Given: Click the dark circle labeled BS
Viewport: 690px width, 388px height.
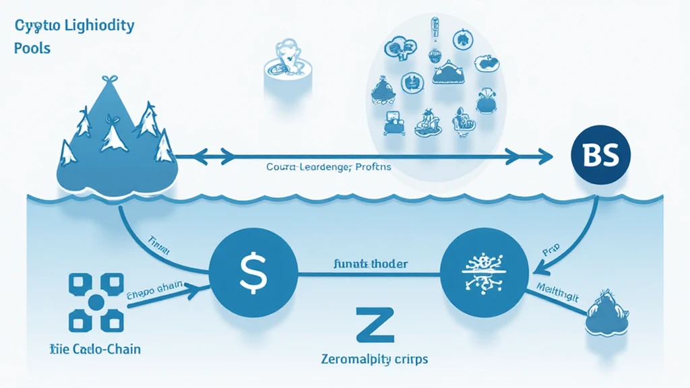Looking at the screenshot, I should (x=599, y=154).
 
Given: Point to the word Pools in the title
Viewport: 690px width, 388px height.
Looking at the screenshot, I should (x=32, y=48).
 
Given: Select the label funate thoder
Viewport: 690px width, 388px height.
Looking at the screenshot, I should (x=371, y=264).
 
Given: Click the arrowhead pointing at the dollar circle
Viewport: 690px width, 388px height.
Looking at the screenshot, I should (x=200, y=288).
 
